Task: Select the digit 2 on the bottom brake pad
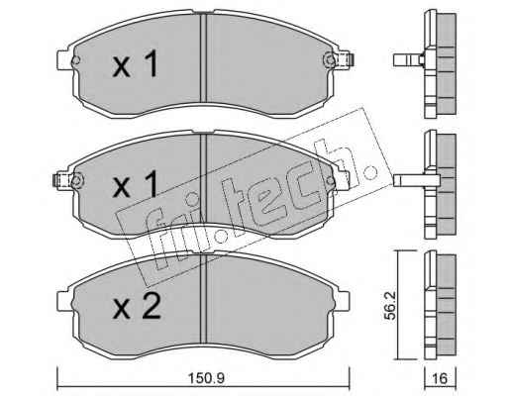click(x=151, y=306)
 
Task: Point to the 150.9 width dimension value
click(x=207, y=378)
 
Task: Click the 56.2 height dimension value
click(x=390, y=306)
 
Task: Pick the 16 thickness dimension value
click(x=440, y=378)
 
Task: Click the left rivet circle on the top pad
click(x=75, y=60)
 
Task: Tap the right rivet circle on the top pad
click(x=329, y=59)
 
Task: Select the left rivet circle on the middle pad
click(x=76, y=180)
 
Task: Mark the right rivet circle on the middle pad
click(x=330, y=180)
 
